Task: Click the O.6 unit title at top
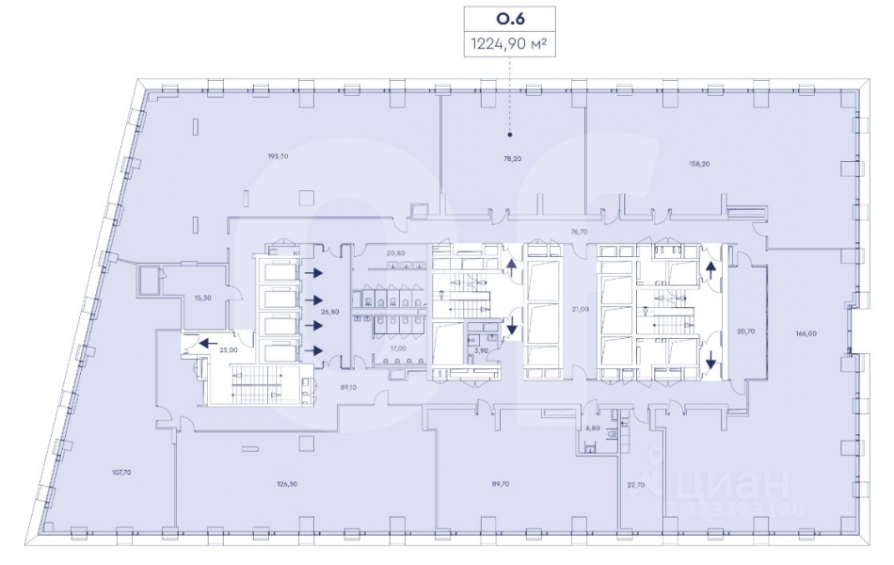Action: (x=511, y=18)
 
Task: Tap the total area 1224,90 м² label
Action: (x=511, y=41)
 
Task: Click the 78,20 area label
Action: (x=511, y=160)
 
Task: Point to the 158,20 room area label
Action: (x=699, y=163)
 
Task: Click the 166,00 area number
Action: (x=805, y=332)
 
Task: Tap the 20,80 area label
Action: (x=396, y=253)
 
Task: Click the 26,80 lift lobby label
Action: (x=328, y=312)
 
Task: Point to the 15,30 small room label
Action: (x=200, y=298)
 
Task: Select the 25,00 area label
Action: (x=228, y=349)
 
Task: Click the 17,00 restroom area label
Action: (x=398, y=348)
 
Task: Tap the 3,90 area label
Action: (x=481, y=350)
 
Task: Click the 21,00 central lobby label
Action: (x=580, y=309)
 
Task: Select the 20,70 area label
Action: (x=746, y=331)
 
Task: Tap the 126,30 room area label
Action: (x=287, y=486)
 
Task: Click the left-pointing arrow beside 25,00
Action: (x=204, y=344)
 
